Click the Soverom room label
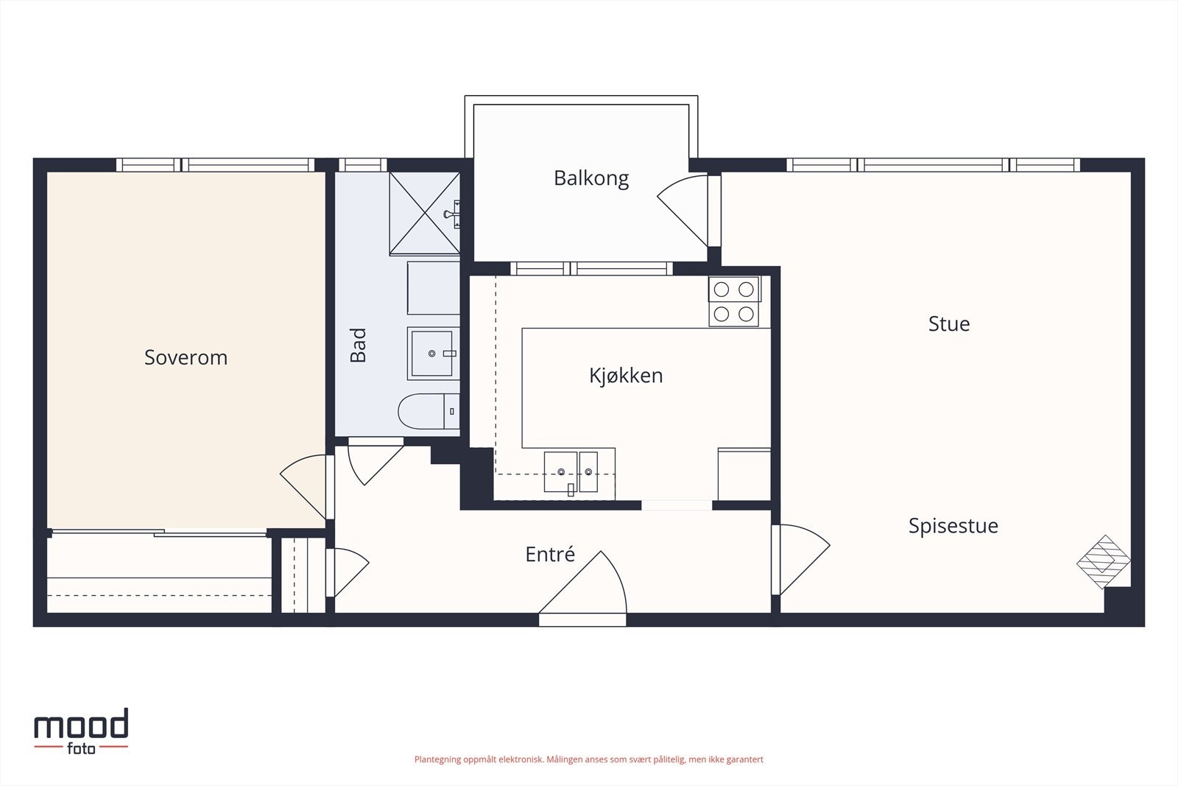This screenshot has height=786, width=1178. [x=186, y=358]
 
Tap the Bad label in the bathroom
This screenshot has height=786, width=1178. [x=358, y=345]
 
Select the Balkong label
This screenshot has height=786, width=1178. [x=591, y=178]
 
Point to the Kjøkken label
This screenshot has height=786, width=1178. [x=626, y=376]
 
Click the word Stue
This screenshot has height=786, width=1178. [x=949, y=324]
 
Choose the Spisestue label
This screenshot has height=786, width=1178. [x=953, y=526]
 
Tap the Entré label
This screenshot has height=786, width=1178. [x=550, y=554]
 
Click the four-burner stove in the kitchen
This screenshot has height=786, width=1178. [x=733, y=301]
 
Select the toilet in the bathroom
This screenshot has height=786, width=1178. [x=428, y=411]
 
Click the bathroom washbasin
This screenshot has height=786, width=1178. [x=433, y=354]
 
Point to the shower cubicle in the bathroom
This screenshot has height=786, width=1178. [x=424, y=214]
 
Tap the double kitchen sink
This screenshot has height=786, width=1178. [x=571, y=473]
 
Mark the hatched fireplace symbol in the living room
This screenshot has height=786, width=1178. [x=1104, y=562]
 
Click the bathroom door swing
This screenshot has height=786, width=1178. [x=375, y=461]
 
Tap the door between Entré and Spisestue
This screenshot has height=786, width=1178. [x=801, y=560]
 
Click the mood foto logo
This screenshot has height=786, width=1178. [x=81, y=731]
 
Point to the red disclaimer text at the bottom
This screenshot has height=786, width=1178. [x=588, y=759]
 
